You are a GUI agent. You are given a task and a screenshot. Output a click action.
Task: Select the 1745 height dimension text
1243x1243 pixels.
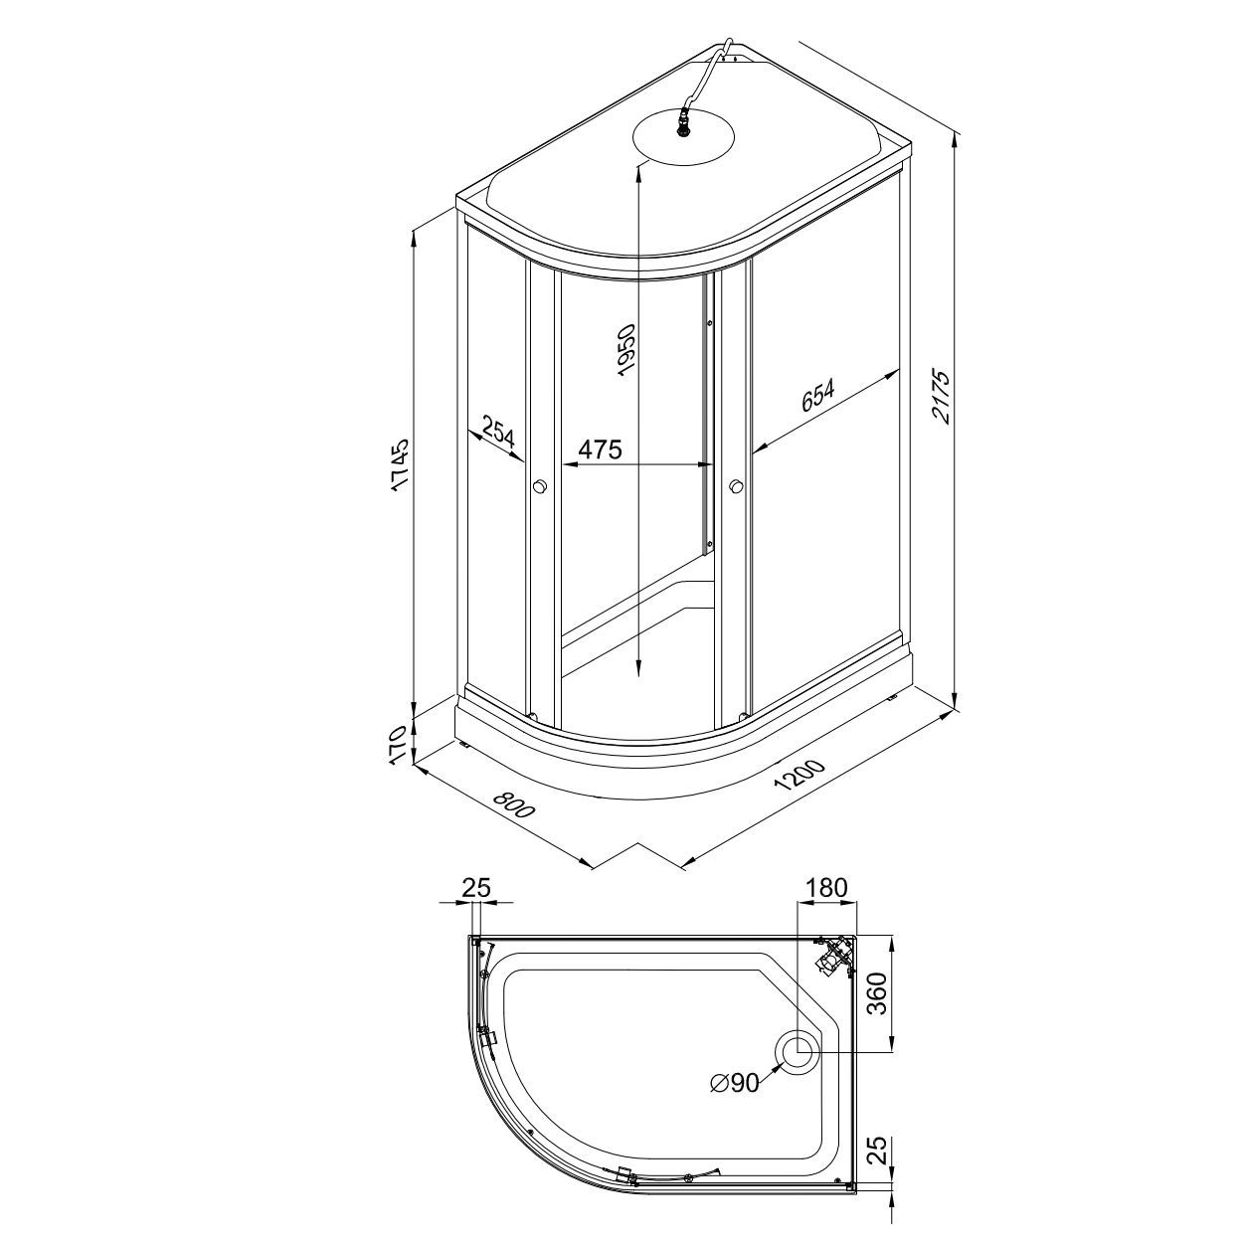(x=400, y=466)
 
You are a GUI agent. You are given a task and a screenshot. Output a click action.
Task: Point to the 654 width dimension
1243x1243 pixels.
(x=817, y=395)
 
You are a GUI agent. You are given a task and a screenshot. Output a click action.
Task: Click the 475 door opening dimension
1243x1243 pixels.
(x=600, y=448)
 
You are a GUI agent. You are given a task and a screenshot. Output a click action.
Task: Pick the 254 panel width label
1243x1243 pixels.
(x=497, y=434)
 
